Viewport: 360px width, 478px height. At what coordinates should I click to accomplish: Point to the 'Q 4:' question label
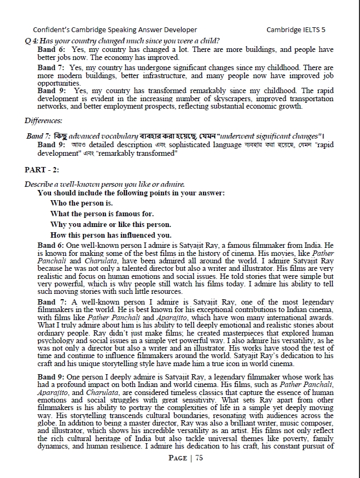click(32, 41)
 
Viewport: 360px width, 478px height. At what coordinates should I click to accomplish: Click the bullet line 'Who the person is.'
click(81, 203)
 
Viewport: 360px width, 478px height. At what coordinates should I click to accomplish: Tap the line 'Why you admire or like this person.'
click(111, 224)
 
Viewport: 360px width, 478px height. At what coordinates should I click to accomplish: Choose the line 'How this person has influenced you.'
click(111, 235)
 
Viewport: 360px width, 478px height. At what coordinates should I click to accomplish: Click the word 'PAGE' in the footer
click(178, 458)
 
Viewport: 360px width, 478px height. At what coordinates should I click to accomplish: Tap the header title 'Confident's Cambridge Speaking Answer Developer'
click(115, 30)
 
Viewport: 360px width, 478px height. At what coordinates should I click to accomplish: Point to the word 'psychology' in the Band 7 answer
click(57, 340)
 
